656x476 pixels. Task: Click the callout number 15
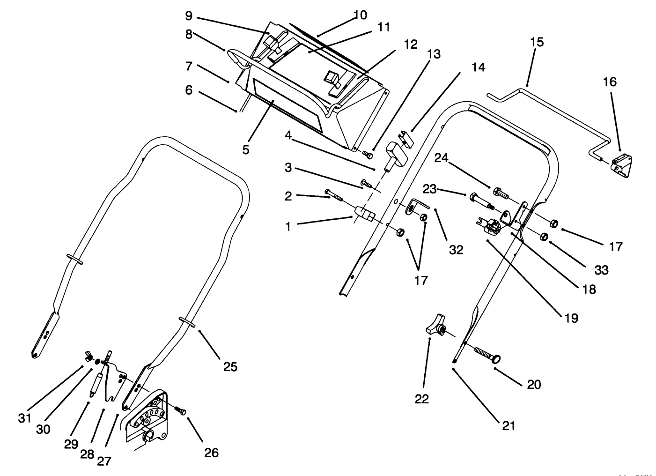tap(537, 42)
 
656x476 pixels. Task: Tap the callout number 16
tap(610, 82)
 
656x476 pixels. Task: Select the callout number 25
tap(230, 366)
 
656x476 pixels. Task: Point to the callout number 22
tap(421, 399)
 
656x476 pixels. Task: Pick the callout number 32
tap(456, 250)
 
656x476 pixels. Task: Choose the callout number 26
tap(211, 452)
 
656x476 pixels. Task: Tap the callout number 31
tap(24, 417)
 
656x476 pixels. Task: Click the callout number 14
tap(478, 67)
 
